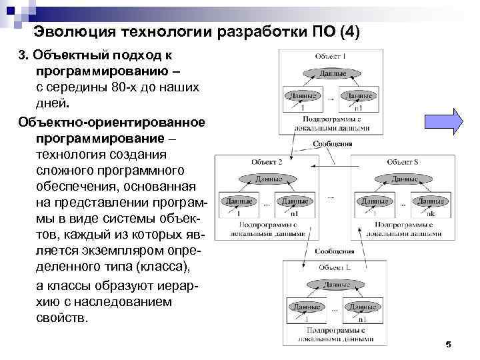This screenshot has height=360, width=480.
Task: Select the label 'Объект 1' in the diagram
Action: coord(331,56)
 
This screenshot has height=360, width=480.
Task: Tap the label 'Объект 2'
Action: coord(267,162)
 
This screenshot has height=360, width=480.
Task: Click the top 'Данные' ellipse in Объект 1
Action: coord(331,73)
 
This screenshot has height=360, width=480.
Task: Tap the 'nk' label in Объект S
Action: coord(431,213)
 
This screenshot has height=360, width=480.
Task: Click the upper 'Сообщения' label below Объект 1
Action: coord(331,143)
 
